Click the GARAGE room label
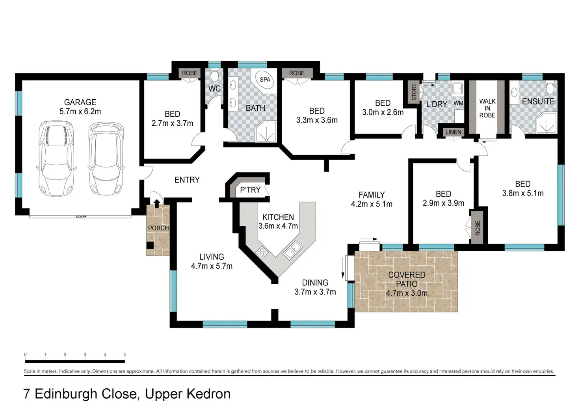(x=80, y=102)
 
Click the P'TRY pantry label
(x=250, y=190)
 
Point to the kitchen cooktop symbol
(x=262, y=252)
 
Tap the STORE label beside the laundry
(x=414, y=92)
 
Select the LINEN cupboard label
(x=453, y=132)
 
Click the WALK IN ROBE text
(x=487, y=108)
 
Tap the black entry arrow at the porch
(x=157, y=203)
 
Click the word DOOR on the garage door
(x=81, y=216)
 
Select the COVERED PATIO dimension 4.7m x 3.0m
(x=407, y=293)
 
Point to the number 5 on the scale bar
(x=125, y=354)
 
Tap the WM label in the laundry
(x=458, y=103)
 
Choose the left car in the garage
(x=56, y=159)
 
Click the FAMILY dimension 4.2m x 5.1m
(x=372, y=204)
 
